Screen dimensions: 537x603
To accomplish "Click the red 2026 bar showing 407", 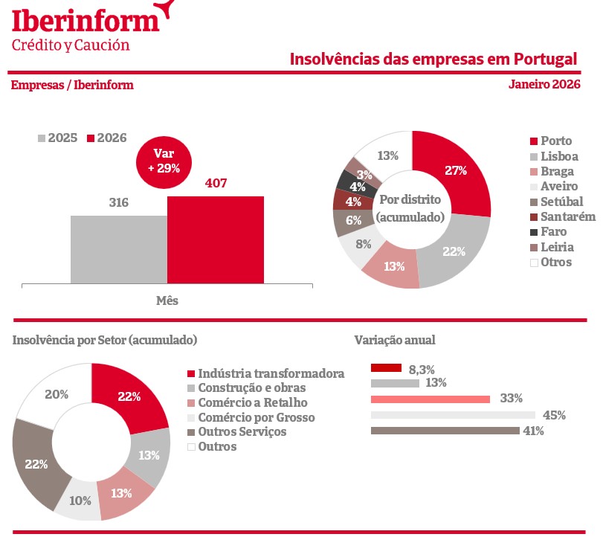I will pyautogui.click(x=215, y=239).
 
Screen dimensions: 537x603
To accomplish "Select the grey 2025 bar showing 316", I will pyautogui.click(x=119, y=249).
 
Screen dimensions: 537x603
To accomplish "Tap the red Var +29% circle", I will pyautogui.click(x=164, y=161).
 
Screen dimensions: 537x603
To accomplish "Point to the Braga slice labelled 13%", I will pyautogui.click(x=394, y=266).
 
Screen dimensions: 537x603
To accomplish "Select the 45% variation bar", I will pyautogui.click(x=453, y=415).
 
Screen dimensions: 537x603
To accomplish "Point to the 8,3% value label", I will pyautogui.click(x=422, y=368).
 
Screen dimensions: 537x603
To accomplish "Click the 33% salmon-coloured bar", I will pyautogui.click(x=431, y=399).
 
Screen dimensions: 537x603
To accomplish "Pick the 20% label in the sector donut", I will pyautogui.click(x=57, y=394).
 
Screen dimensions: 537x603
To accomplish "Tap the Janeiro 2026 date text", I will pyautogui.click(x=544, y=84).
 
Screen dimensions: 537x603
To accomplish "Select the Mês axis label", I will pyautogui.click(x=167, y=301).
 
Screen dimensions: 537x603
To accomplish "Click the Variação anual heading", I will pyautogui.click(x=395, y=340).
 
